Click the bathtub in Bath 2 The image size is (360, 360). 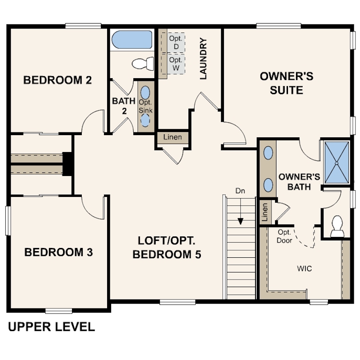click(x=132, y=40)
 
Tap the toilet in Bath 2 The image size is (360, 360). click(x=143, y=64)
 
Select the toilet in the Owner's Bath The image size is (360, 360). click(x=337, y=226)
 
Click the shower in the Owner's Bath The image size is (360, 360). click(x=336, y=163)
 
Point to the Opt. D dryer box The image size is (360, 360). click(x=176, y=43)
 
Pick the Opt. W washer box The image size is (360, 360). click(x=176, y=64)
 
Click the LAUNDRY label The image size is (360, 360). click(x=204, y=59)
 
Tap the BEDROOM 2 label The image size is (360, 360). click(x=57, y=80)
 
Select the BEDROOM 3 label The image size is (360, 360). click(x=59, y=252)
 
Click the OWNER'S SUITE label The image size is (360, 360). click(x=287, y=83)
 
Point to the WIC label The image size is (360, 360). click(x=304, y=268)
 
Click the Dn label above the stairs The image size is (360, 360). click(x=240, y=191)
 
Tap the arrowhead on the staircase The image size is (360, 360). click(x=240, y=221)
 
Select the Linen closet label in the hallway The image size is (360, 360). click(x=172, y=137)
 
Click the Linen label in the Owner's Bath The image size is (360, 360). click(x=265, y=212)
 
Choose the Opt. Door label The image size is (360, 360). click(x=284, y=236)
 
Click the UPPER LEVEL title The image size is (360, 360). click(x=52, y=327)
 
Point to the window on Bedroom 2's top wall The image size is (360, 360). click(x=83, y=26)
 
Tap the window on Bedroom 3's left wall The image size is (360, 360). click(x=8, y=220)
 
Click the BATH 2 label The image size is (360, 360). click(x=124, y=106)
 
